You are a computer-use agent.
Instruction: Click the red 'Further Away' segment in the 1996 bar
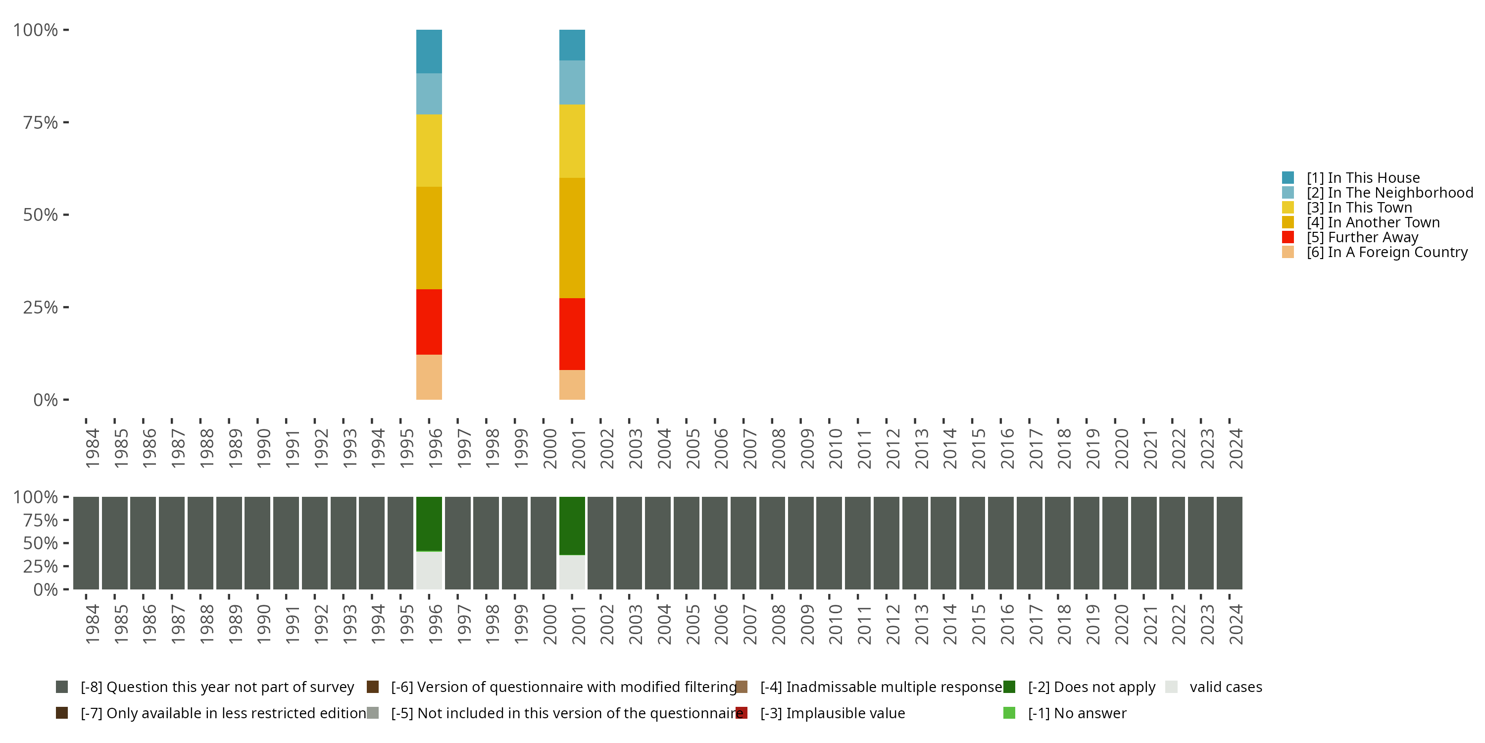[x=429, y=322]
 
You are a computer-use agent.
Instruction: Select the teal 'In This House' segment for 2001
[x=572, y=45]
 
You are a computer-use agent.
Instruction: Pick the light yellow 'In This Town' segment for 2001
[x=572, y=141]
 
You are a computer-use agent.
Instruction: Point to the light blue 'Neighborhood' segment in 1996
[x=429, y=94]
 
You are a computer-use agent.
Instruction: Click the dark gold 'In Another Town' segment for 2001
[x=572, y=238]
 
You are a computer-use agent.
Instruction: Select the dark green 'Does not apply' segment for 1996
[x=429, y=523]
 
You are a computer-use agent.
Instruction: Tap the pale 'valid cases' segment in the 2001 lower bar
[x=572, y=572]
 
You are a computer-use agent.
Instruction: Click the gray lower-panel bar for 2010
[x=829, y=543]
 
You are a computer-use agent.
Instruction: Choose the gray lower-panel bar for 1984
[x=86, y=543]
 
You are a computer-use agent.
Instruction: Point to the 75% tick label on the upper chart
[x=41, y=123]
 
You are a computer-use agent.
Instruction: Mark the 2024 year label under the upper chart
[x=1236, y=448]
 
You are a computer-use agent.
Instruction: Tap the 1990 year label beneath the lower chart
[x=264, y=624]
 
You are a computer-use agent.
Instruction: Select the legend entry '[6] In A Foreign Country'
[x=1386, y=252]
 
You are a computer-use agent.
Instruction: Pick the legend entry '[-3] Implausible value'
[x=832, y=713]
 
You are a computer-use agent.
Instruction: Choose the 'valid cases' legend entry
[x=1225, y=687]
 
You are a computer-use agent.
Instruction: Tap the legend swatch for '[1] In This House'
[x=1288, y=178]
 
